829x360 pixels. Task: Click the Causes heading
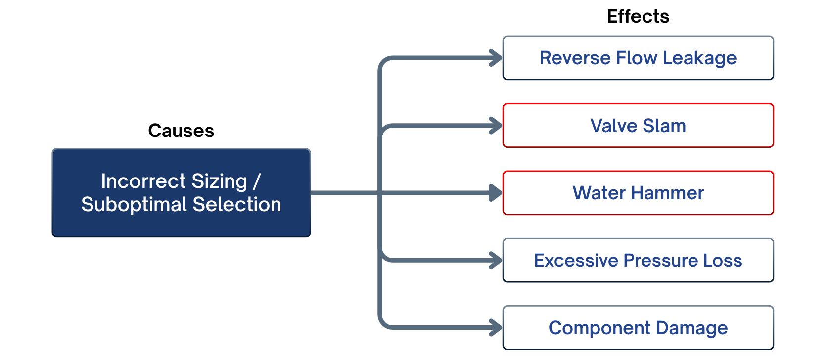181,131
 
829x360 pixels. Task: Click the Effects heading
638,17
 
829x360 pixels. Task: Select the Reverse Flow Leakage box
638,58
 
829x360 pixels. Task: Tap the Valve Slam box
638,126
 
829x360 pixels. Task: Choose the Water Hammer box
638,193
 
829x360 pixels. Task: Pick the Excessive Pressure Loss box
638,260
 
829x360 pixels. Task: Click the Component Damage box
638,327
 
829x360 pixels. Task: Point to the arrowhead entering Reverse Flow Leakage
496,58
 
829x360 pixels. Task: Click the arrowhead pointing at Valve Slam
496,126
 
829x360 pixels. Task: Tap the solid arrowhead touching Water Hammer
496,193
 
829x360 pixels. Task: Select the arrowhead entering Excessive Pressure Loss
496,260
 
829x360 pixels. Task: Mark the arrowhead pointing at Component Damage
496,327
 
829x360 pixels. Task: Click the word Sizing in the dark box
219,182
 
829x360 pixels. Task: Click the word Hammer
667,193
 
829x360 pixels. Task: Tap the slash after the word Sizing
257,181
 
